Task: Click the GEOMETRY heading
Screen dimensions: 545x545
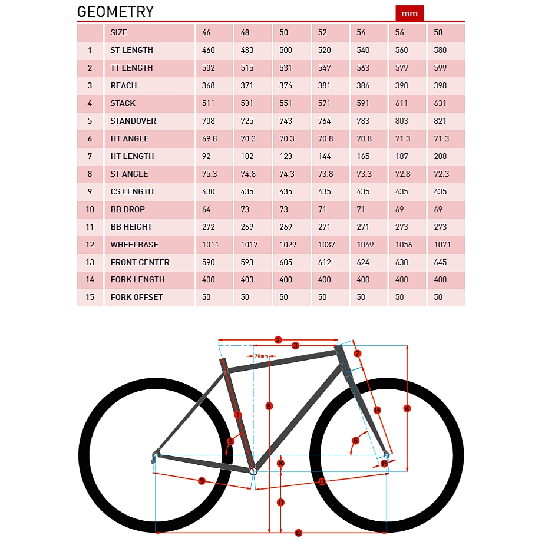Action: [x=115, y=12]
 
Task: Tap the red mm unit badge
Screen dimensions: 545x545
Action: [x=409, y=13]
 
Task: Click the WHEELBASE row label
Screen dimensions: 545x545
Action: [x=134, y=245]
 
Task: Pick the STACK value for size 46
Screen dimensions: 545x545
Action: [x=209, y=103]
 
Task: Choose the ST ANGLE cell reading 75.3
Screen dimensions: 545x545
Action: [x=209, y=174]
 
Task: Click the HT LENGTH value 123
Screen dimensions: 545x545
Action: [x=286, y=156]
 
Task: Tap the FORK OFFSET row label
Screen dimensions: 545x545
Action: [x=137, y=297]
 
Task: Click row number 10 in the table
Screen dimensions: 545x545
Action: [x=90, y=209]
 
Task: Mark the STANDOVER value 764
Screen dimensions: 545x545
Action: [x=325, y=121]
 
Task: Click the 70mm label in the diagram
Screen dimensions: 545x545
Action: [x=261, y=356]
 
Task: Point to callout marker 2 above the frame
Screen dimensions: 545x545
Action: [x=278, y=340]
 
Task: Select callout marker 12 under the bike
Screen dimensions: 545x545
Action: [x=298, y=533]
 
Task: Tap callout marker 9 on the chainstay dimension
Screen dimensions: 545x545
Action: [x=202, y=481]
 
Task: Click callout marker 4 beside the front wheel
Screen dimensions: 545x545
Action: [x=407, y=408]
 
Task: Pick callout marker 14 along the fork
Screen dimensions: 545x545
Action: [x=377, y=410]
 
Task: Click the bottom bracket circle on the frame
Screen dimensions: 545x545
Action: [x=253, y=471]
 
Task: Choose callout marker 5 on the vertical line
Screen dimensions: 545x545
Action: [x=269, y=406]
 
